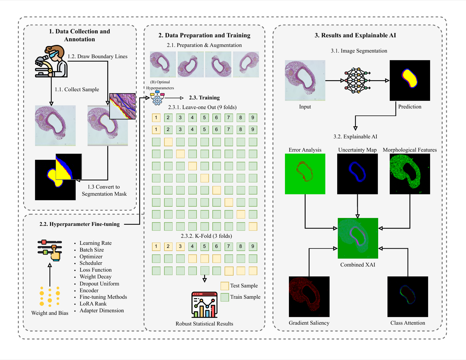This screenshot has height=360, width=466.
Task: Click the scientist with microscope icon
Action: [x=51, y=62]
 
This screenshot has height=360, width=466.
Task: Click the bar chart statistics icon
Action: [x=204, y=305]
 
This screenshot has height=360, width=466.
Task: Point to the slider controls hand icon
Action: [x=50, y=250]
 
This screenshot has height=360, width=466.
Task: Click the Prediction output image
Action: [x=410, y=81]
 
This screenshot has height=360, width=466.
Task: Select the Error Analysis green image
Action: [x=305, y=174]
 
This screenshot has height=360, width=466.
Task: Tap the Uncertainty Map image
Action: [x=357, y=174]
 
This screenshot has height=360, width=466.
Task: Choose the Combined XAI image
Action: [x=358, y=238]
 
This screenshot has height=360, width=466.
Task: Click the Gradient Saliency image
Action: [x=309, y=296]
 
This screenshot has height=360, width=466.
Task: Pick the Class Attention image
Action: [x=407, y=296]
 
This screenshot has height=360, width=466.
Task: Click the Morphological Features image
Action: [x=410, y=174]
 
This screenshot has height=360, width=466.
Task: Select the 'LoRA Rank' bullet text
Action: [x=93, y=304]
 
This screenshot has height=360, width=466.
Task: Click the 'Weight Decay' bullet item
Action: [x=95, y=276]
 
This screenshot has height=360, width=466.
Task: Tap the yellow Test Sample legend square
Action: [x=225, y=286]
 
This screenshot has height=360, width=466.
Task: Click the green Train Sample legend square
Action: [x=225, y=297]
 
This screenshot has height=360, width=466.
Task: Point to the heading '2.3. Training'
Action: [x=204, y=98]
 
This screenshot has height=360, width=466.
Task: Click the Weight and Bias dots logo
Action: [x=50, y=296]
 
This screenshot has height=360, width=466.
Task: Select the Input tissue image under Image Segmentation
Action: [x=305, y=81]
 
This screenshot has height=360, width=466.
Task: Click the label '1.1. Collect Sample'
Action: [x=77, y=90]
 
